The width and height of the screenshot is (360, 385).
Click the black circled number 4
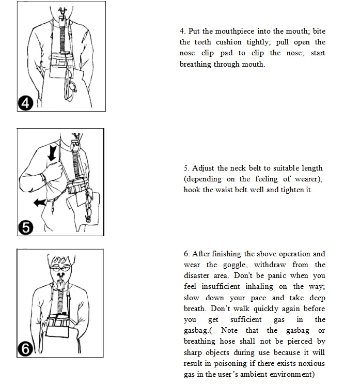(x=25, y=103)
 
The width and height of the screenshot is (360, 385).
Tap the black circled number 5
(x=25, y=227)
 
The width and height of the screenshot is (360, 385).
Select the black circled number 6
(x=25, y=349)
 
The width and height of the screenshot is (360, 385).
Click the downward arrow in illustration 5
(x=53, y=153)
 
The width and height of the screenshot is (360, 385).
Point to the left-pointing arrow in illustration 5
(x=40, y=203)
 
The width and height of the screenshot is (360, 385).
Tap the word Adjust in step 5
(x=203, y=168)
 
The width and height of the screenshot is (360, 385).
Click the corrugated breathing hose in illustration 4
(x=62, y=39)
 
